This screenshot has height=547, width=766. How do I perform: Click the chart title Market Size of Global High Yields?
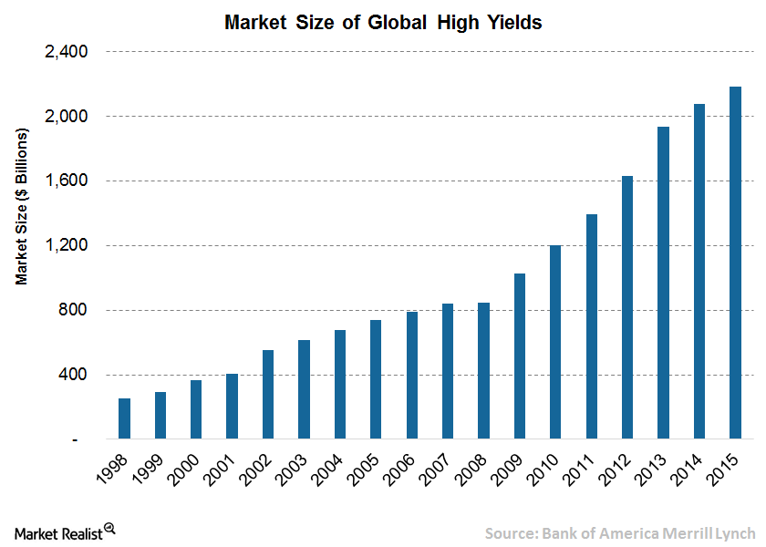tap(383, 23)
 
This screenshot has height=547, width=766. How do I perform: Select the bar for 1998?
tap(124, 418)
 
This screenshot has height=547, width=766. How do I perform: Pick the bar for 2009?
tap(520, 356)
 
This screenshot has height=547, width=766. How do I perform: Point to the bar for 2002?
tap(268, 395)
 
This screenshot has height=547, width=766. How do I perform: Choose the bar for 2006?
tap(412, 376)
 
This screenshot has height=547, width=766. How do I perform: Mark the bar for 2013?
tap(663, 283)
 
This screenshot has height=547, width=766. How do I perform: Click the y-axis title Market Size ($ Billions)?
tap(22, 206)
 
